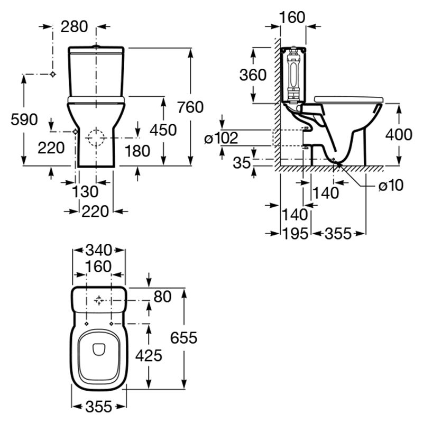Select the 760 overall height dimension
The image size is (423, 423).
point(190,107)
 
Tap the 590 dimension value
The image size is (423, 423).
point(24,119)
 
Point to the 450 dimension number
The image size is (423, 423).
point(163,130)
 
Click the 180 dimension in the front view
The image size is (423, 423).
point(138,151)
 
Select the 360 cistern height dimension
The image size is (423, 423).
point(253,75)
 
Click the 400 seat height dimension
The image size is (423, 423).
point(398,135)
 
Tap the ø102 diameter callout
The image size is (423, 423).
point(222,139)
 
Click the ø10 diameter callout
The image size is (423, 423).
point(391,185)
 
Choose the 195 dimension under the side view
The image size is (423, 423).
point(294,233)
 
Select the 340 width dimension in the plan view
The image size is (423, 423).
point(99,249)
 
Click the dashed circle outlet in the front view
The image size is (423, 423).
point(96,137)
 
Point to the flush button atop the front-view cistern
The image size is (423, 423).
point(96,47)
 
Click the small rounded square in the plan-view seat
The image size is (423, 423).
point(99,348)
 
